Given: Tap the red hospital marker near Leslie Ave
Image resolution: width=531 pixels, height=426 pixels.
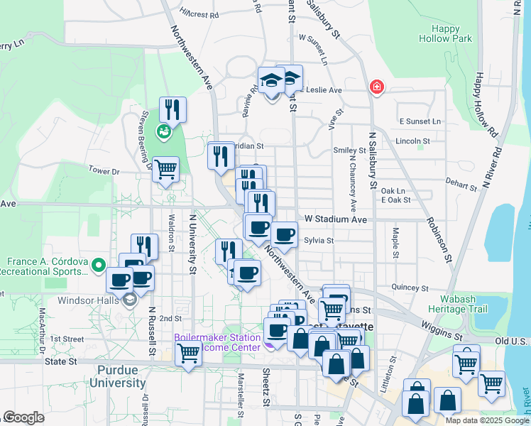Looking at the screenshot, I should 376,87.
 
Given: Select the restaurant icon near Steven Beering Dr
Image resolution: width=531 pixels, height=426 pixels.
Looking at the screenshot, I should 173,110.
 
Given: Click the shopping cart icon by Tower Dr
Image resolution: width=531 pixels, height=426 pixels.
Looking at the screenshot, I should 165,170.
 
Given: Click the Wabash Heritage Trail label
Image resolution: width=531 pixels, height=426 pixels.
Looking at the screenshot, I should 458,303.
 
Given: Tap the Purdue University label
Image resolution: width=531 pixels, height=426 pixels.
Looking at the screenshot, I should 118,377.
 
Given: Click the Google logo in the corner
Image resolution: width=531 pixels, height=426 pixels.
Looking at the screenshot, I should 23,417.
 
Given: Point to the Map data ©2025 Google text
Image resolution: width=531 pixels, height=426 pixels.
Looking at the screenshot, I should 486,420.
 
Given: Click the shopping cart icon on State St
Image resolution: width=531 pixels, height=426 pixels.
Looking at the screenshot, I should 188,352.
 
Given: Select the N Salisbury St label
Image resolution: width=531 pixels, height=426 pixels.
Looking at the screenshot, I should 372,160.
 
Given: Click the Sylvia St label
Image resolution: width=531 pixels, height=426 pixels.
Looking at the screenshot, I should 319,241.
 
